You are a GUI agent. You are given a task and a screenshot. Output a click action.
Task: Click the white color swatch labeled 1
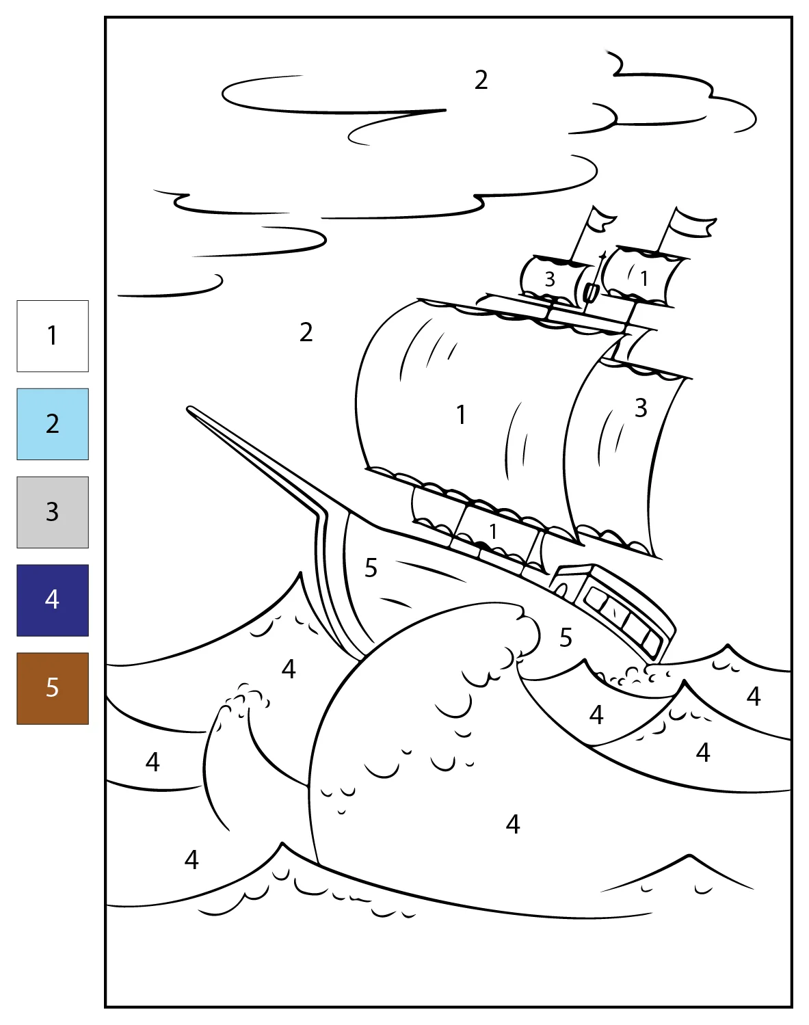[x=53, y=336]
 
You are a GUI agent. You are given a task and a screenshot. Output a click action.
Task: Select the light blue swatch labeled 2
[x=53, y=424]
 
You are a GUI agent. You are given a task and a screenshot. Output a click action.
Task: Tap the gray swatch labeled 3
[x=53, y=512]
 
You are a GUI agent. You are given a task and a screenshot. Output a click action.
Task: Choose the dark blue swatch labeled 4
[x=53, y=600]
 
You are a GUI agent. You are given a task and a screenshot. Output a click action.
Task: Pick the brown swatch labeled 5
[x=53, y=689]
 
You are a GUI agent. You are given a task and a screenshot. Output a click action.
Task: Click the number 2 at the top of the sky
[x=481, y=80]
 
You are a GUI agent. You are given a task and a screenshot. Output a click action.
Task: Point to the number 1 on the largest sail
[x=461, y=414]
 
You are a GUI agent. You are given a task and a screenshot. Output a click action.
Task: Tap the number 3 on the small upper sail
[x=550, y=280]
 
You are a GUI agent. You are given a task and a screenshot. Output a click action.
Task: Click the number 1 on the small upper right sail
[x=644, y=278]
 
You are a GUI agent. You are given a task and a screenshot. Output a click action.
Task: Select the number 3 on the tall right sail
[x=641, y=408]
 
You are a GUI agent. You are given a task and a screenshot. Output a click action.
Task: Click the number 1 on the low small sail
[x=493, y=531]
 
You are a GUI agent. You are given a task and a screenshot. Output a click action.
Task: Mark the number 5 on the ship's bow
[x=371, y=568]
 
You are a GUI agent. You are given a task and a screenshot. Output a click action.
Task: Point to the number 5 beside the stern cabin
[x=566, y=637]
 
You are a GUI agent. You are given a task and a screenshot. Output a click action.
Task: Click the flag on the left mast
[x=598, y=222]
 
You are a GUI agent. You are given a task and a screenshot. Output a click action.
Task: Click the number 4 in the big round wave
[x=513, y=824]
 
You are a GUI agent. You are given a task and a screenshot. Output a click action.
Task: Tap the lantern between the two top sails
[x=590, y=292]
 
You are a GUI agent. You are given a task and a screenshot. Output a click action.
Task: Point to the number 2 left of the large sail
[x=306, y=332]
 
